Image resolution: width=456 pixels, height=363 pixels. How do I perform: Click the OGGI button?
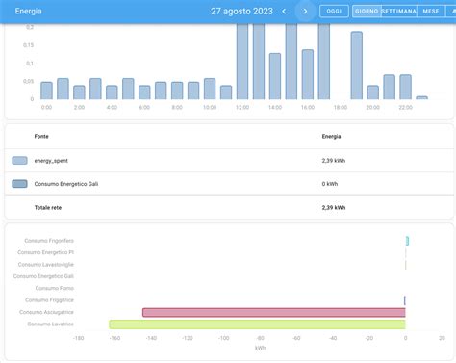click(334, 11)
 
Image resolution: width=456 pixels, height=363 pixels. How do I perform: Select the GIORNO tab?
click(366, 11)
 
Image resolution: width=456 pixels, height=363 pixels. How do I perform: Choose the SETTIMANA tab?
click(398, 11)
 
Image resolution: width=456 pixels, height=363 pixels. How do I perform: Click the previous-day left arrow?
click(284, 11)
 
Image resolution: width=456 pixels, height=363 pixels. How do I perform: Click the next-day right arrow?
click(306, 11)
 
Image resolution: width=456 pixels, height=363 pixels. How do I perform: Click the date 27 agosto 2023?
click(241, 11)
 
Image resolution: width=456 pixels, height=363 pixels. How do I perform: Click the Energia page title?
click(28, 11)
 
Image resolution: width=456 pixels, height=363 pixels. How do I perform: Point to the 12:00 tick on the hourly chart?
click(242, 107)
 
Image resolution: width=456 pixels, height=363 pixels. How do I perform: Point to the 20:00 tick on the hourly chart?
click(372, 107)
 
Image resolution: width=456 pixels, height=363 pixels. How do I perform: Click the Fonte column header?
click(41, 137)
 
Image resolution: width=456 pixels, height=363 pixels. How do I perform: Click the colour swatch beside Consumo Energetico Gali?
click(19, 183)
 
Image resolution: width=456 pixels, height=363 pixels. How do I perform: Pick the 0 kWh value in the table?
click(329, 183)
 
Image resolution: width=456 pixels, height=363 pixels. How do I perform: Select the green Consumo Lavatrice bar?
click(257, 324)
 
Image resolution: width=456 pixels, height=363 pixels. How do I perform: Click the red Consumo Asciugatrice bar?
click(273, 312)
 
